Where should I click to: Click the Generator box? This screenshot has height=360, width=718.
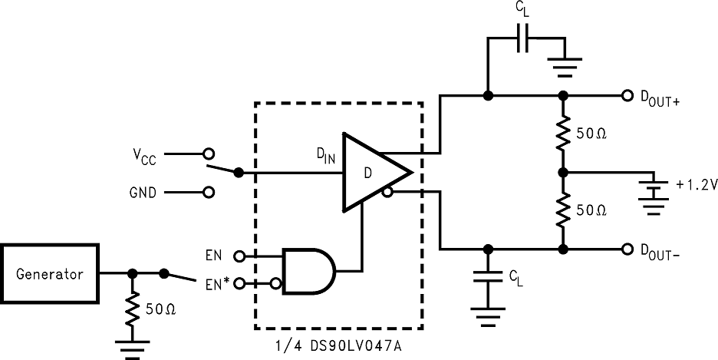[x=51, y=272]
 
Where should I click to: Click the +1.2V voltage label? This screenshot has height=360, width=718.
[x=697, y=185]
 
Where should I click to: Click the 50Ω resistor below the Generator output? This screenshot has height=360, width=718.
[x=133, y=309]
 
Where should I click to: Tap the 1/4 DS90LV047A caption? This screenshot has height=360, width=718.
[x=338, y=347]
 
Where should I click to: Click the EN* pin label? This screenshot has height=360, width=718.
[x=217, y=284]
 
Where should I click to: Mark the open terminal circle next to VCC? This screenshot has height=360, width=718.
[x=207, y=154]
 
